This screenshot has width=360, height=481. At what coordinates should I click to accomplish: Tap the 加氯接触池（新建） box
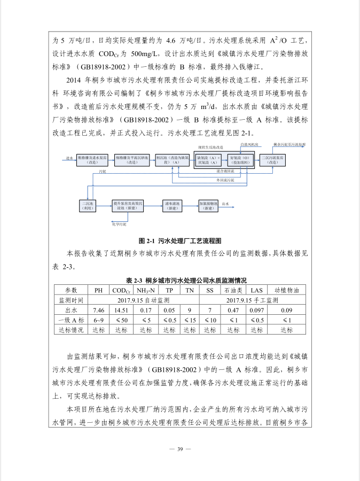pos(208,205)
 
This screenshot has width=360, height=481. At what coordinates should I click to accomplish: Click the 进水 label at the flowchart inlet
pos(69,159)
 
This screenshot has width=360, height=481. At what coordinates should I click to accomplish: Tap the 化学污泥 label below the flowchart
pos(119,224)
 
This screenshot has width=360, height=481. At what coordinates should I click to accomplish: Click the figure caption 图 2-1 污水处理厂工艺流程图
pos(179,241)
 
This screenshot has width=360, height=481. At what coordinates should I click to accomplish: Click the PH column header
pos(99,290)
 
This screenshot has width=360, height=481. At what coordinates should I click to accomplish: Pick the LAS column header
pos(256,290)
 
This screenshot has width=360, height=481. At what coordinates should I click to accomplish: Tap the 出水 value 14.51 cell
pos(121,310)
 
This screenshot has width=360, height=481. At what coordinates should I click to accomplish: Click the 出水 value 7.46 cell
pos(99,310)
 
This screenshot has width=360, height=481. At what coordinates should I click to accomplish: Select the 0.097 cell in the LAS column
pos(256,310)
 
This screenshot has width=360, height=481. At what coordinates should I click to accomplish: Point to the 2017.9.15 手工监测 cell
pos(253,300)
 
